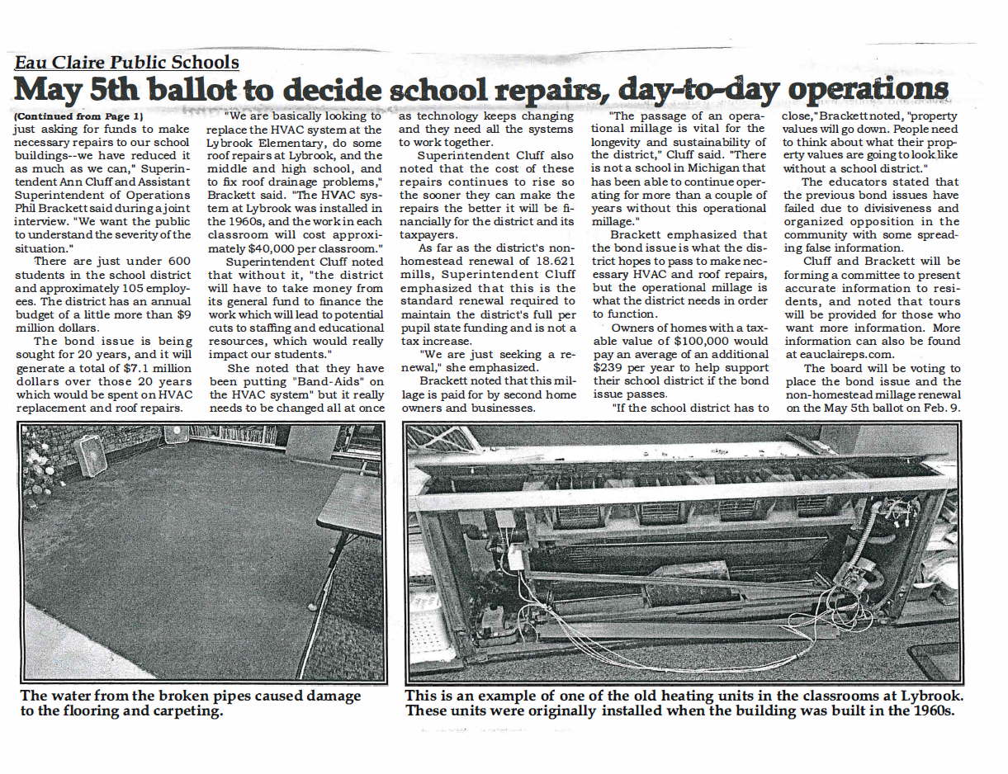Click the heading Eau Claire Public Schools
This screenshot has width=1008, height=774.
coord(126,62)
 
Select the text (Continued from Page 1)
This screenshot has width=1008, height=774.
coord(78,116)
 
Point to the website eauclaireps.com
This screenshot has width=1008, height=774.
coord(838,354)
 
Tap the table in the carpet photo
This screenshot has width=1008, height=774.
coord(347,503)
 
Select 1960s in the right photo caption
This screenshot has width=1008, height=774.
coord(930,711)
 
